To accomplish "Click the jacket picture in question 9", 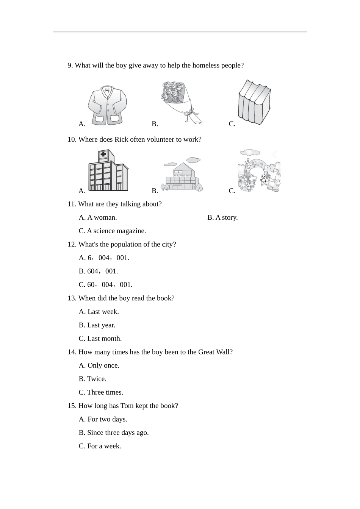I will [107, 105].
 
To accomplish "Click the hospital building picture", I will [108, 171].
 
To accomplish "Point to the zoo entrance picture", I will [259, 171].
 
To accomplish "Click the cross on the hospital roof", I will [103, 155].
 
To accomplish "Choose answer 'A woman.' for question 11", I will [98, 217].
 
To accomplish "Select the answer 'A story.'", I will [222, 217].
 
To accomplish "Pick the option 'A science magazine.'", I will [112, 231].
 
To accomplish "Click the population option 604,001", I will [98, 271].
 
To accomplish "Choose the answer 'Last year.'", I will [97, 325].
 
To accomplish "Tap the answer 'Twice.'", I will [92, 379].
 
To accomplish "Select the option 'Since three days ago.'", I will [113, 432].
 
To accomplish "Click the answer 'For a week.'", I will [100, 446].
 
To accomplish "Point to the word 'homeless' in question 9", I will [206, 66].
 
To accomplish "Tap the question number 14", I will [72, 352].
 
